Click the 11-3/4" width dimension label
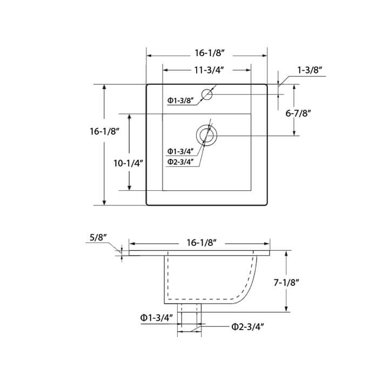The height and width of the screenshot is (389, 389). pyautogui.click(x=207, y=70)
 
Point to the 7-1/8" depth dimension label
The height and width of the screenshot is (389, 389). pyautogui.click(x=301, y=281)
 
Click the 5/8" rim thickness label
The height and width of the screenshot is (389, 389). pyautogui.click(x=98, y=237)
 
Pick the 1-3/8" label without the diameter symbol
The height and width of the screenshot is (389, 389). pyautogui.click(x=310, y=70)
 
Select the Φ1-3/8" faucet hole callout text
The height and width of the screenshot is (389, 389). pyautogui.click(x=180, y=100)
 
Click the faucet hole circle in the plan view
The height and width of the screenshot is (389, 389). pyautogui.click(x=207, y=96)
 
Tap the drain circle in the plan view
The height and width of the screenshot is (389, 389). pyautogui.click(x=206, y=135)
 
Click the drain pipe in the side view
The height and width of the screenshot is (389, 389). pyautogui.click(x=189, y=319)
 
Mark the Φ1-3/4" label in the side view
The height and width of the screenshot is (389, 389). pyautogui.click(x=156, y=318)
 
